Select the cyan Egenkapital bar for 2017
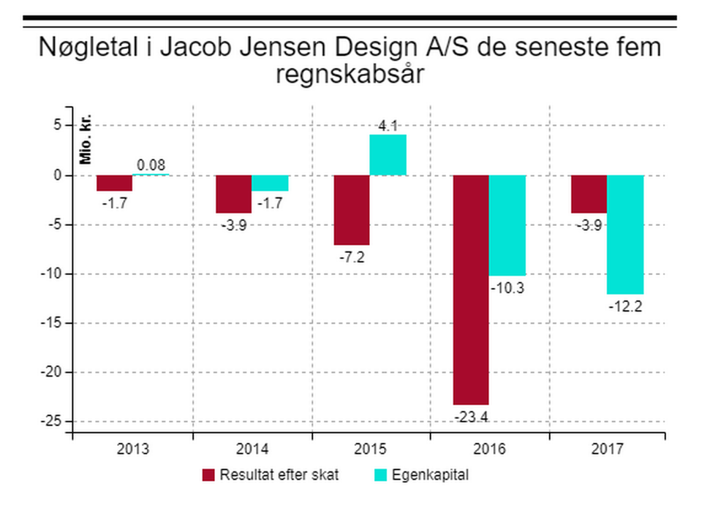tap(625, 234)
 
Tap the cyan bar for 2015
tap(388, 155)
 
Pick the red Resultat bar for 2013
tap(115, 183)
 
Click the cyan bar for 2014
tap(270, 183)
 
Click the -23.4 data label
tap(472, 417)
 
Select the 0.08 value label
tap(151, 165)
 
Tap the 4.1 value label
tap(388, 126)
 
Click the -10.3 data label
tap(507, 288)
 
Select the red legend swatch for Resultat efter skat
tap(208, 474)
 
